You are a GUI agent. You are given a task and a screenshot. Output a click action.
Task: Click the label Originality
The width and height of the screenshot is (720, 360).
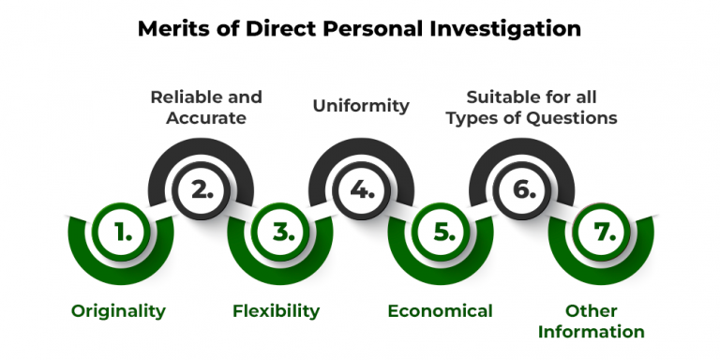tap(118, 311)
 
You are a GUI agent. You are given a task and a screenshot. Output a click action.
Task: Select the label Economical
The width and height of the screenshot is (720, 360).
tap(440, 311)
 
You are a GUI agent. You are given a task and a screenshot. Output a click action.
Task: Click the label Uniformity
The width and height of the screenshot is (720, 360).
tap(361, 106)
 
